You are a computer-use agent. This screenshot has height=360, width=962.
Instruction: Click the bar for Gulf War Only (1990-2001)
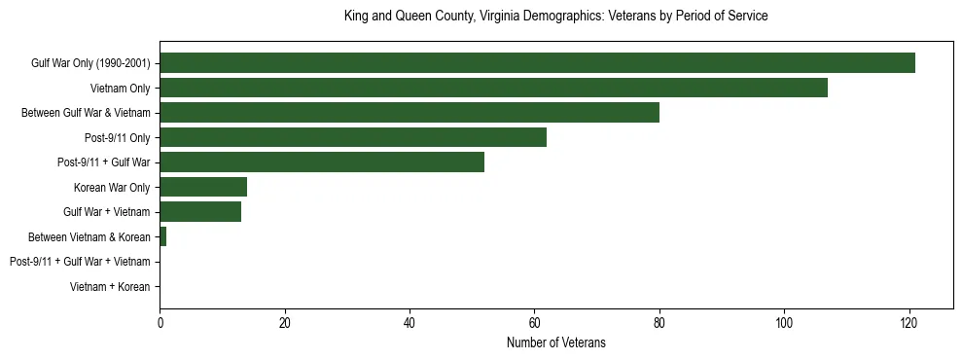537,63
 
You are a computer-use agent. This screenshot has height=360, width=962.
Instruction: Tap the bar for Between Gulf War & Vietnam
410,113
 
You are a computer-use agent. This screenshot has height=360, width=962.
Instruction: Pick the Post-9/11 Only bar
353,137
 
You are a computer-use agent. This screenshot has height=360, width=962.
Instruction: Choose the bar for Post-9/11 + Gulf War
322,162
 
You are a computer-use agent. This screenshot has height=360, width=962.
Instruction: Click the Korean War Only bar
203,187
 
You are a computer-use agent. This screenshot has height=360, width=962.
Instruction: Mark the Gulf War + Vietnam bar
200,212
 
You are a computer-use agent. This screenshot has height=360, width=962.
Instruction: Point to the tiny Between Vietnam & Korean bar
163,236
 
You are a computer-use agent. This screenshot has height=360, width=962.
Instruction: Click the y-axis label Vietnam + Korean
110,287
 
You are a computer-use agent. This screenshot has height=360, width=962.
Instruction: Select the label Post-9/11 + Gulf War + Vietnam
80,262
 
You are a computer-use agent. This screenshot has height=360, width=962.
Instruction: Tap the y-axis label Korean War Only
112,187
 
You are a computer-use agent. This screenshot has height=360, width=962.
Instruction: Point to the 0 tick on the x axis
160,322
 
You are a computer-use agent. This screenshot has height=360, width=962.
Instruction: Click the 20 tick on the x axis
285,322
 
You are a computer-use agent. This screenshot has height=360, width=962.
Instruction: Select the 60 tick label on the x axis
534,322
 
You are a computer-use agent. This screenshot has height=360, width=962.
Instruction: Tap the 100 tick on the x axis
784,322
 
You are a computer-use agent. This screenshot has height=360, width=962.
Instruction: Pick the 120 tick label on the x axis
909,322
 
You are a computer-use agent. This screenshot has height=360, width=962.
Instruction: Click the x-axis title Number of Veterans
555,342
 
